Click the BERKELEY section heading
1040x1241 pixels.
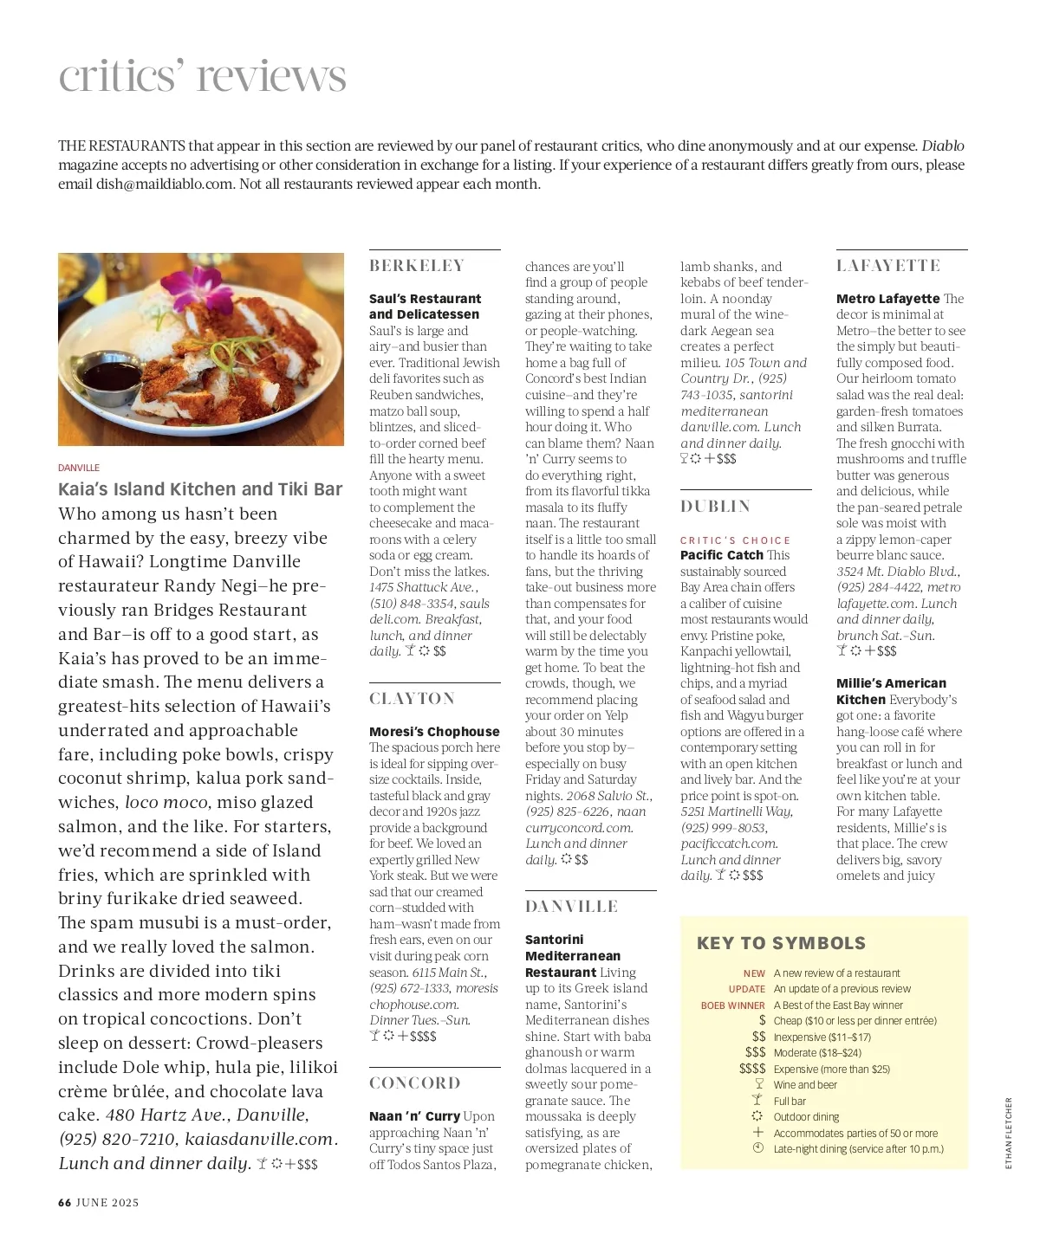click(417, 266)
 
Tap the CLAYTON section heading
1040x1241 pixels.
click(412, 699)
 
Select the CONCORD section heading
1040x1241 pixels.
click(415, 1083)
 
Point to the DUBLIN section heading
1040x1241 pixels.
click(715, 507)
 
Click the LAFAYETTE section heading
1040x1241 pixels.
click(888, 266)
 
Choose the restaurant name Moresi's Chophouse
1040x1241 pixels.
click(434, 732)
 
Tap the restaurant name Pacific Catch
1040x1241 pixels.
click(722, 555)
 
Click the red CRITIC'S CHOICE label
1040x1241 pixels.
click(735, 540)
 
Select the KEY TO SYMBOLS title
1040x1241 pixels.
click(781, 943)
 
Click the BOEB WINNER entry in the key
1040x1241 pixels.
click(733, 1005)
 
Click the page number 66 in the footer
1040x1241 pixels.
click(64, 1203)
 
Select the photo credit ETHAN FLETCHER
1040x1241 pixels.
click(1009, 1133)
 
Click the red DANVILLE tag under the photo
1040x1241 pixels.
click(79, 468)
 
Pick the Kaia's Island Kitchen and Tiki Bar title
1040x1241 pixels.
click(200, 489)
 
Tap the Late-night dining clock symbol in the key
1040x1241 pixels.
click(758, 1148)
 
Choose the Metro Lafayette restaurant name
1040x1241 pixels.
click(887, 299)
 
